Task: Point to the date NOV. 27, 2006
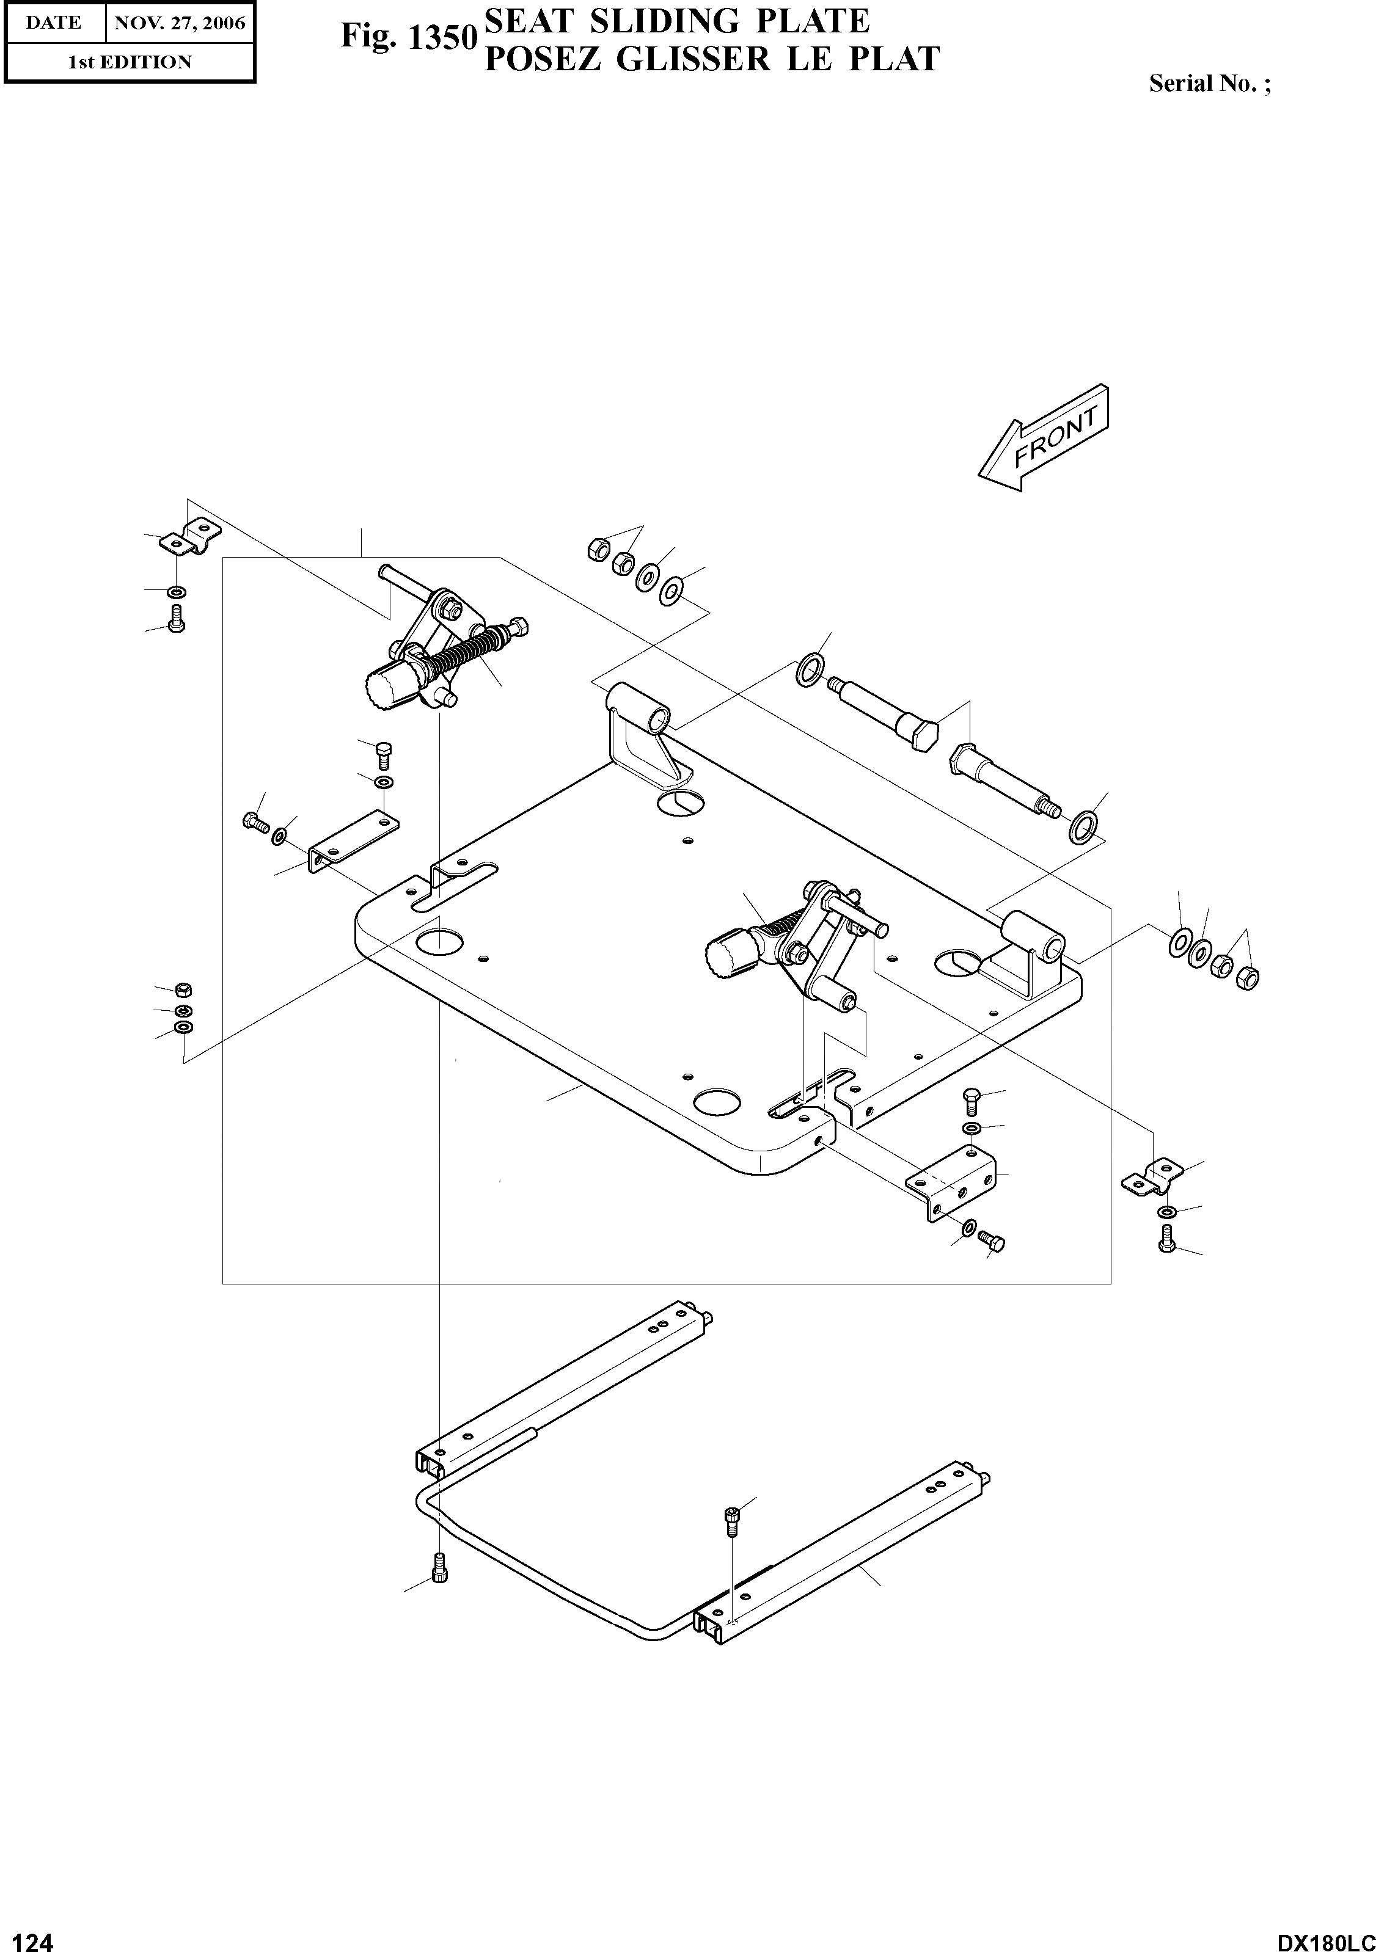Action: (x=180, y=23)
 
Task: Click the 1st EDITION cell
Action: (x=130, y=62)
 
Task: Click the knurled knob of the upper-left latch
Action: (x=389, y=687)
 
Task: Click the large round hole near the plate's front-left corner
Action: (x=439, y=941)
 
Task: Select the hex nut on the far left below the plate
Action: (x=182, y=989)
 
